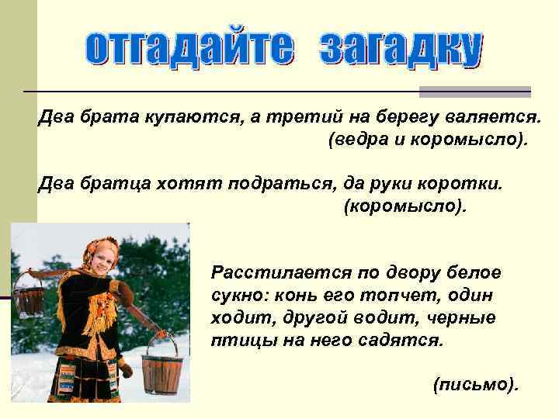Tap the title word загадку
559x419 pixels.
point(401,50)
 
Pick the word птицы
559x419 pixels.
point(234,341)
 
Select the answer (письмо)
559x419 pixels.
point(475,385)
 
